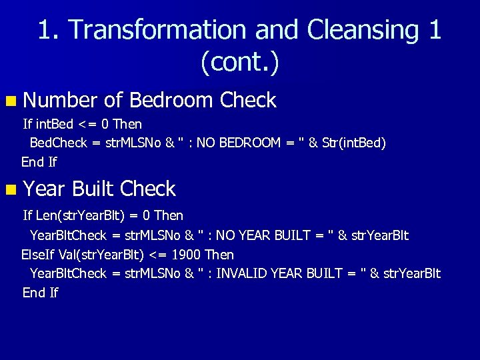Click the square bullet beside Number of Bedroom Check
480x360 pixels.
click(x=11, y=101)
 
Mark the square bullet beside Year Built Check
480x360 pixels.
click(x=11, y=190)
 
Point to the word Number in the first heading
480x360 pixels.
click(x=61, y=101)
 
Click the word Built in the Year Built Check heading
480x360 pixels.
click(x=94, y=189)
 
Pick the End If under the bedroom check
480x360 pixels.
click(x=39, y=161)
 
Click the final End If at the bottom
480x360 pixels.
click(x=40, y=293)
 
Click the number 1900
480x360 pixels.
click(x=187, y=255)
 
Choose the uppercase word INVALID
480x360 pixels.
click(x=246, y=273)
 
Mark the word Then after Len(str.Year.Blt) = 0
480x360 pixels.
click(x=168, y=216)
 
